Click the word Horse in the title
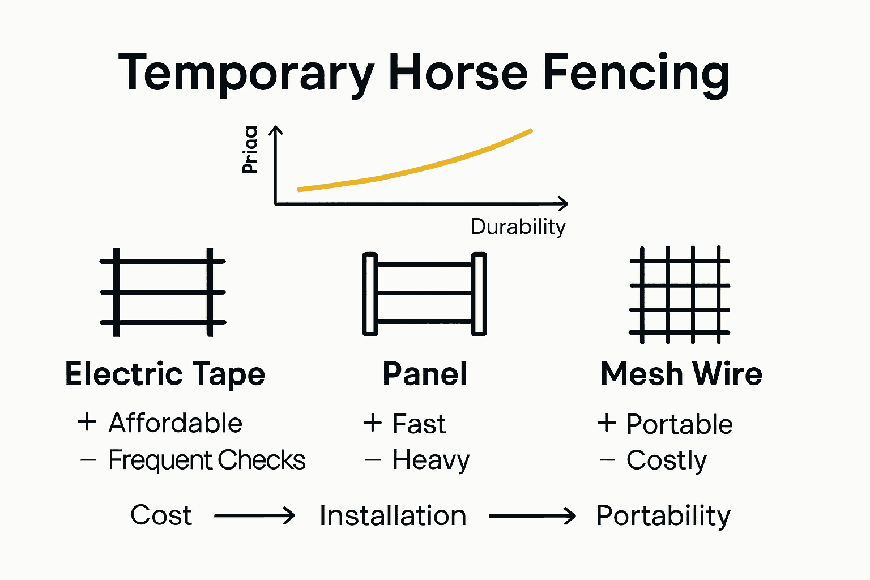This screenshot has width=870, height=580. point(458,72)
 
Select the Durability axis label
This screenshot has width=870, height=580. point(518,227)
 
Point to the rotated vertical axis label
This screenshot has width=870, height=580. point(250,149)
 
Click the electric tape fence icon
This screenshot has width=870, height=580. point(163,292)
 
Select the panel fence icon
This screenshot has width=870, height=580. point(424,294)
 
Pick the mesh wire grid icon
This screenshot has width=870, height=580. point(679,295)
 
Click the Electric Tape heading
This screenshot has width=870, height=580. point(165,374)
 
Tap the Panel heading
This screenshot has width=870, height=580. point(425,374)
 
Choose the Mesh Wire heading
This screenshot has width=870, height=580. point(681,374)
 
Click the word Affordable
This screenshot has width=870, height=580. point(175,423)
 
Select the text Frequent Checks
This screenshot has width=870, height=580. point(207,460)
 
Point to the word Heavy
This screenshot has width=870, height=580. point(430,460)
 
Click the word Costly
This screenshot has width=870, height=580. point(666,460)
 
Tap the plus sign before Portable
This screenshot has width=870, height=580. point(607,423)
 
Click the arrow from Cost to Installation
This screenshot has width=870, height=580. point(254,515)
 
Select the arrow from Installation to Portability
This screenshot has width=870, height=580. point(532,515)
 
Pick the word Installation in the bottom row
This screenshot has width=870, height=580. point(393,515)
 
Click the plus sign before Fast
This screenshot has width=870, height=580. point(373,423)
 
